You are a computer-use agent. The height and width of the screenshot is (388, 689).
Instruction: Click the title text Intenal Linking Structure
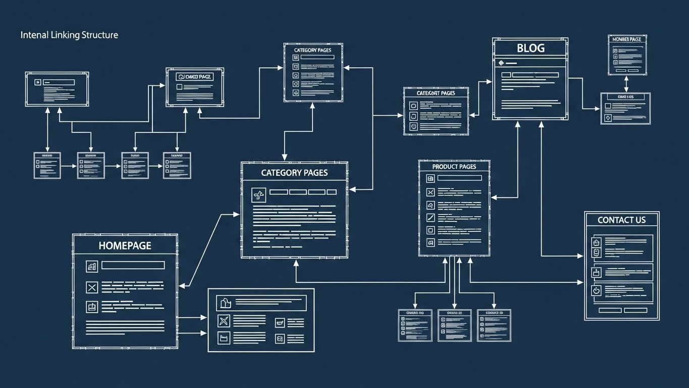coord(69,35)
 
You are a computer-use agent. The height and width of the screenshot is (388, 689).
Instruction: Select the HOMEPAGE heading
coord(125,246)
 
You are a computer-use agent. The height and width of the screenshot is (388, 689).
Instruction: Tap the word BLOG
coord(531,48)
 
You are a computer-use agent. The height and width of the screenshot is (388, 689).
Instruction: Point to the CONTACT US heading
coord(621,220)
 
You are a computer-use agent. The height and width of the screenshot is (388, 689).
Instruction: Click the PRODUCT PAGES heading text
coord(454,167)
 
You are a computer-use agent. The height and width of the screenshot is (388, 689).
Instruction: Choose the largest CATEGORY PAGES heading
coord(294,173)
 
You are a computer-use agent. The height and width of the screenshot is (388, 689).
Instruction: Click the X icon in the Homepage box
coord(91,288)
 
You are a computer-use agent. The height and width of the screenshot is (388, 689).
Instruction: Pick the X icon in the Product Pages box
coord(431,192)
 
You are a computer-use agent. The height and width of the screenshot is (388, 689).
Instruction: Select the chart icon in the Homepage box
coord(92,266)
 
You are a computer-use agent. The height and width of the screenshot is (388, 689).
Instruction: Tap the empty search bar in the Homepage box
coord(133,265)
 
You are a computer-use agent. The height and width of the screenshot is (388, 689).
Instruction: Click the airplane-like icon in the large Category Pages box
coord(258,195)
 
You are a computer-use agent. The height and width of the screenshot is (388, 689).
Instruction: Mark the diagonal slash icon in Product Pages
coord(431,218)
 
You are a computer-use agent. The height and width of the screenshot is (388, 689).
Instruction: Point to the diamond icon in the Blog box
coord(501,63)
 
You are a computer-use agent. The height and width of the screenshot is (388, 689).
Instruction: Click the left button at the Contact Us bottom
coord(610,310)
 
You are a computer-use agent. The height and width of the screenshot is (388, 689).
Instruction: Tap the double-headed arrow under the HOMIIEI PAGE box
coord(626,84)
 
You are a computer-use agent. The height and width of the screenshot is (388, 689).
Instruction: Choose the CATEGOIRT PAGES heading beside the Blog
coord(436,93)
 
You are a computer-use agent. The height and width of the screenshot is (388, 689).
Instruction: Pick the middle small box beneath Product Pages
coord(454,325)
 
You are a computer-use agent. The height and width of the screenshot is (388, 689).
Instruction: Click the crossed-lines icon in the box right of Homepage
coord(224,321)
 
